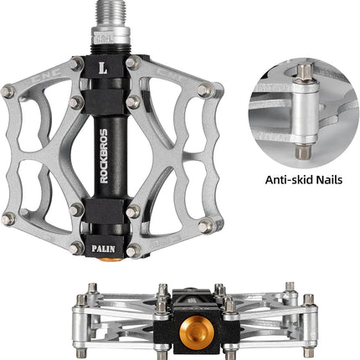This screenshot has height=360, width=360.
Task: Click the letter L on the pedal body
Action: click(x=103, y=68)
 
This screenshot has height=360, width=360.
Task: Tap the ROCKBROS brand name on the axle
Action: click(x=104, y=156)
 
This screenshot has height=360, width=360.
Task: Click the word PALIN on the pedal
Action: click(x=103, y=249)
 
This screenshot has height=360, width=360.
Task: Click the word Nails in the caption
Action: click(x=329, y=180)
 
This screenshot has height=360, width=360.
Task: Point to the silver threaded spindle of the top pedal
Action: click(x=111, y=14)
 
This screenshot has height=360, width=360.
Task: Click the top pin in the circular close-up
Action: click(x=305, y=74)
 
